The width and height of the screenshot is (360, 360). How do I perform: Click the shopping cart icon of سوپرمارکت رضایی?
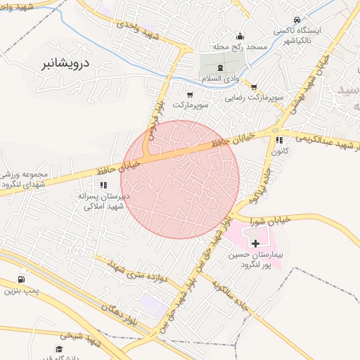[x=254, y=86]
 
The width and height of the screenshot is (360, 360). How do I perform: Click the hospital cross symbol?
[x=255, y=243]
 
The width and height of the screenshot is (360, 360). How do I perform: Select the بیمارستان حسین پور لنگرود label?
[x=255, y=260]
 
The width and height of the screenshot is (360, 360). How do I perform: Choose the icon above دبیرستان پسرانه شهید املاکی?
[x=103, y=185]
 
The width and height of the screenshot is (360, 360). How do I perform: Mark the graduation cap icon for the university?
[x=59, y=349]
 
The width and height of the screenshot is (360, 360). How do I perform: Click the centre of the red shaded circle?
[x=180, y=179]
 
